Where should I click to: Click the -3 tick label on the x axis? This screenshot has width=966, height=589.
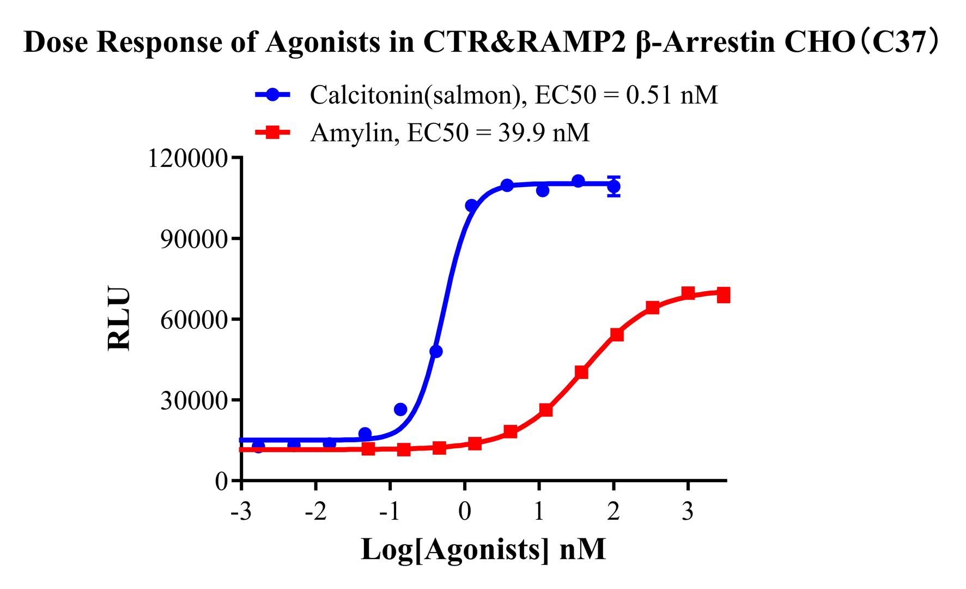coord(240,513)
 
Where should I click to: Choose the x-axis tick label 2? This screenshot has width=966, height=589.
coord(613,513)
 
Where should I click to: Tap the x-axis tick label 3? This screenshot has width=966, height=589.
coord(688,513)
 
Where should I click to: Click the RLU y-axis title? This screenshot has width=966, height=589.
coord(119,319)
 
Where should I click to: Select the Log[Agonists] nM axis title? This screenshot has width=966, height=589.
coord(483,550)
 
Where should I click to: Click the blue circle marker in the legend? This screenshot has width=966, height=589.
coord(273,95)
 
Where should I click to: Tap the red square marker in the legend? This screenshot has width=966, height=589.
coord(273,132)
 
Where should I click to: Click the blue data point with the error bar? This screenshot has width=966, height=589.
coord(613,187)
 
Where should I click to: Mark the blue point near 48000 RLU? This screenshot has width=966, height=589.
coord(436,352)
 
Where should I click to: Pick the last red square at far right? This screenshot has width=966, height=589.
coord(724,296)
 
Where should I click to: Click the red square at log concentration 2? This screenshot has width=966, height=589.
coord(617,334)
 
